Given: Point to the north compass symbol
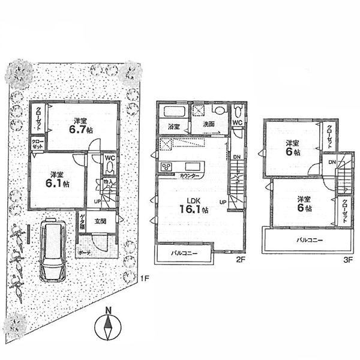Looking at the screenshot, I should coord(107,329).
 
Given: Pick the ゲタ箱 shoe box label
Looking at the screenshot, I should coord(82,222).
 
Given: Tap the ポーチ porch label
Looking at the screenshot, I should coord(84,254).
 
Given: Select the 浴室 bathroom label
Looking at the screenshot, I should coord(173,127).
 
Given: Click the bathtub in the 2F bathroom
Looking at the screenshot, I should coord(175,112).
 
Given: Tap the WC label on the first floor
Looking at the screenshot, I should coord(110,159).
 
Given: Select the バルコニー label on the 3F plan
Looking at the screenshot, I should coord(309,240).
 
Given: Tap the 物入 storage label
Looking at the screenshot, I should coord(108,181).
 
